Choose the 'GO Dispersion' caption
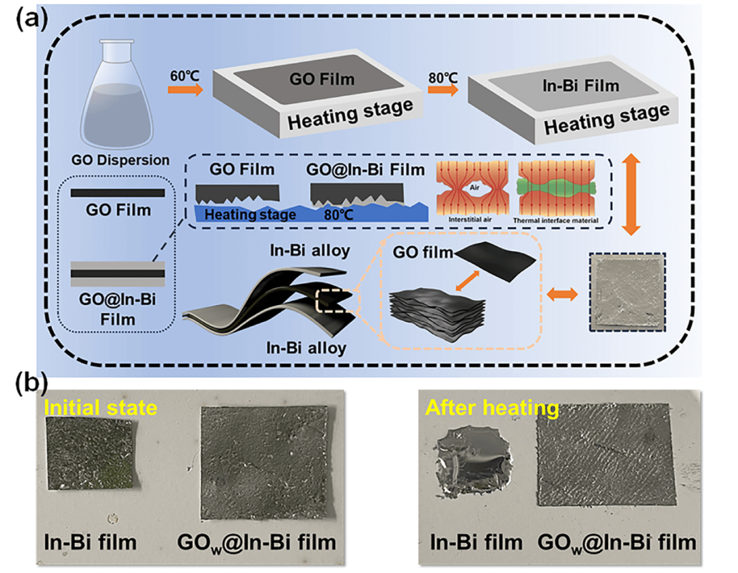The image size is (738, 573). [120, 161]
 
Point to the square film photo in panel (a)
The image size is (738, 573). [627, 292]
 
